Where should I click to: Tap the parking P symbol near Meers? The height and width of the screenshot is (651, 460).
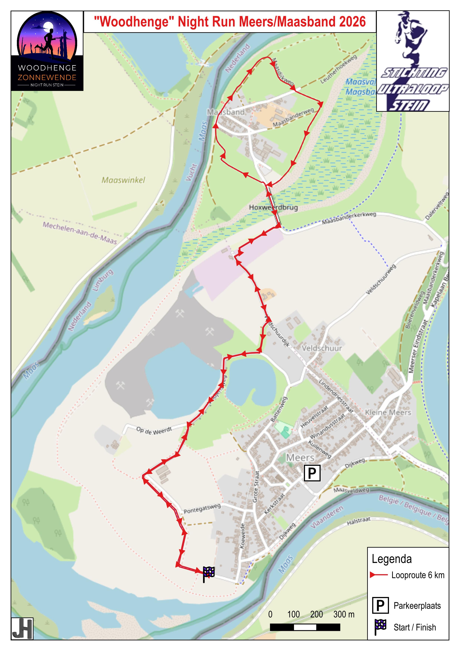[312, 473]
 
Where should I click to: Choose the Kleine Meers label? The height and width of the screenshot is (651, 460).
[388, 412]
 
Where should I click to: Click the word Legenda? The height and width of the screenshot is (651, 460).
[391, 559]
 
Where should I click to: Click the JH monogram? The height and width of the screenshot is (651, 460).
[22, 629]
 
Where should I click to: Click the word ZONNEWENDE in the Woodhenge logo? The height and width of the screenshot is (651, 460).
[47, 77]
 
